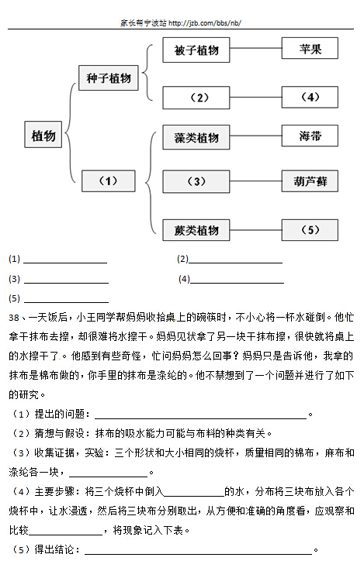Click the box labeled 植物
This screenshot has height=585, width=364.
coord(43,135)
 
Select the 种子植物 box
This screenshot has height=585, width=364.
coord(109,78)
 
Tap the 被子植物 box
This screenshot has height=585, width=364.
coord(196,50)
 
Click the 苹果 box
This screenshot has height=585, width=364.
coord(310,49)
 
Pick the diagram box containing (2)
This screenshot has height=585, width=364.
coord(196,98)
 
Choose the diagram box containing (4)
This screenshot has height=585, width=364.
coord(310,98)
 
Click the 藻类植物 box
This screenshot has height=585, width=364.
coord(196,138)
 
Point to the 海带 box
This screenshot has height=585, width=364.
coord(310,136)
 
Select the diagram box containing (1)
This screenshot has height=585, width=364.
coord(109,181)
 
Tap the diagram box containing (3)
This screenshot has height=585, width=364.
coord(196,181)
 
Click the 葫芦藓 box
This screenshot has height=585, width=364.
coord(310,181)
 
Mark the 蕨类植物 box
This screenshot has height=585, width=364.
coord(196,230)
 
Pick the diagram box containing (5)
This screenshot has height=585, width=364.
coord(310,230)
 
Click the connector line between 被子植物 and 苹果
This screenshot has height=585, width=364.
coord(255,49)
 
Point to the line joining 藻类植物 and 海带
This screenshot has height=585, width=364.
coord(255,136)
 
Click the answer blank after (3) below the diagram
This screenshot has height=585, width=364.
coord(66,283)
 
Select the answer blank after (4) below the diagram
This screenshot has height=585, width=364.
coord(237,283)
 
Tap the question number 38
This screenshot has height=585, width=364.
coord(14,318)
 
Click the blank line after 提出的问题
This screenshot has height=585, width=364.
coord(201,418)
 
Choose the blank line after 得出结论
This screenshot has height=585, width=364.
coord(199,555)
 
